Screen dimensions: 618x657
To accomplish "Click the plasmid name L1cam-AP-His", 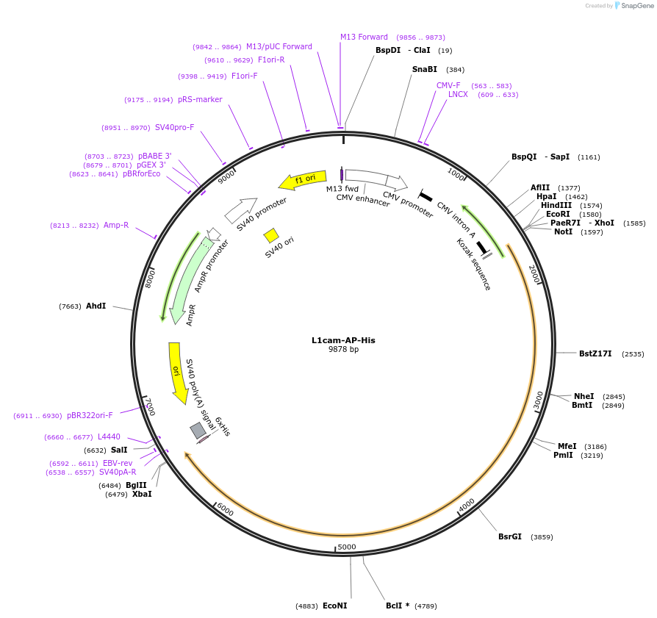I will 343,340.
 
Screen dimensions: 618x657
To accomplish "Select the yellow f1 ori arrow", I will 302,179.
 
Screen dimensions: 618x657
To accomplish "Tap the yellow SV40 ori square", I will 271,235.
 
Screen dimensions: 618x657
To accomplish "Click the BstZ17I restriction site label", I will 595,353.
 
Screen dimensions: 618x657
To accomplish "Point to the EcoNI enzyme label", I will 334,606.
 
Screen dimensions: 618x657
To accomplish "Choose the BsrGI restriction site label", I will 510,536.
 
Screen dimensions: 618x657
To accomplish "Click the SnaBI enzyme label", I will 425,69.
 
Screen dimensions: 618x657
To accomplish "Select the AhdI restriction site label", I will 96,306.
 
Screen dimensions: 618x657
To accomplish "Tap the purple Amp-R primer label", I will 116,225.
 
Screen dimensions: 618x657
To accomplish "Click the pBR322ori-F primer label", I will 90,416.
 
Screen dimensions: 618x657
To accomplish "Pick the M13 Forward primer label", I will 364,37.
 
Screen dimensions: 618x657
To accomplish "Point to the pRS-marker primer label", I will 200,99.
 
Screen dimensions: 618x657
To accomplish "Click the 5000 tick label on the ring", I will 347,547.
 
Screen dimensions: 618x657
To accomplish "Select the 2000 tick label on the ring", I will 535,275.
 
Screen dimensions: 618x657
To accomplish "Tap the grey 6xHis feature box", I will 198,431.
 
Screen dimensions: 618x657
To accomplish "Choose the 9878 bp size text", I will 343,350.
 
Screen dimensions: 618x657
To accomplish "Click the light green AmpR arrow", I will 188,279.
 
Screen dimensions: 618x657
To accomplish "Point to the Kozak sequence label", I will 473,264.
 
